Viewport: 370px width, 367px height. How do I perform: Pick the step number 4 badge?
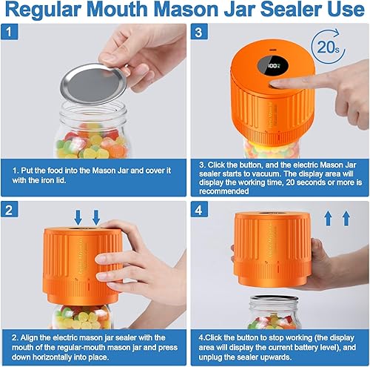pos(198,209)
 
